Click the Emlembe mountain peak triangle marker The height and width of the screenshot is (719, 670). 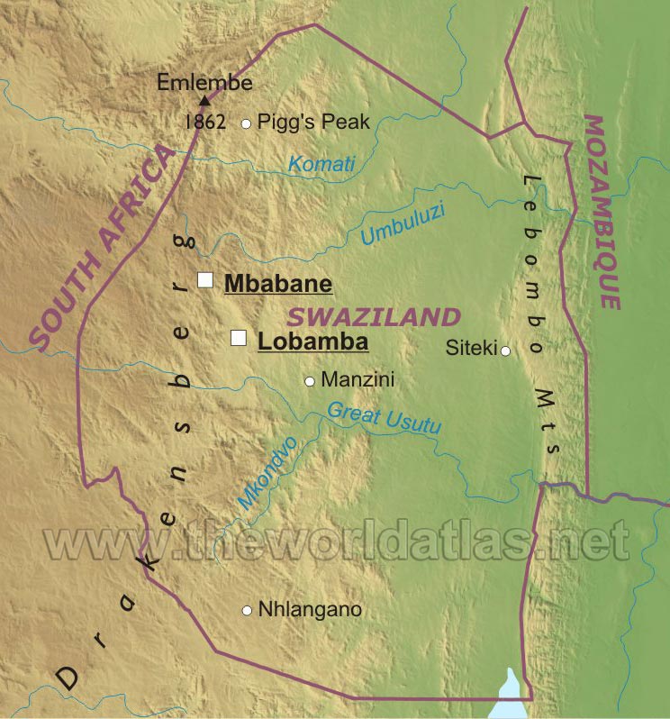coord(206,101)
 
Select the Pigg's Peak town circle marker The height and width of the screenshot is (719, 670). coord(246,123)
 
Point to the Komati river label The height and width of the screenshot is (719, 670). coord(321,164)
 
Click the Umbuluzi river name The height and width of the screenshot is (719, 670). coord(404,226)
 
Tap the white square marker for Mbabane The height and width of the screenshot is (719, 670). coord(205,280)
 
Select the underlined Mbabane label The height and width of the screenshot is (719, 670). coord(278,284)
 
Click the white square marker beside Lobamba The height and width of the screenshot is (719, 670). coord(239,338)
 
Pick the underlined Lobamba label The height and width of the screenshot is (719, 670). coord(312,342)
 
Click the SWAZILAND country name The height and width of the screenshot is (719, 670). coord(374,317)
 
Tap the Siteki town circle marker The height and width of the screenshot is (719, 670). coord(506,350)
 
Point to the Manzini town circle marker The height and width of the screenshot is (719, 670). coord(309,381)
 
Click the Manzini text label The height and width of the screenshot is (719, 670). coord(358,380)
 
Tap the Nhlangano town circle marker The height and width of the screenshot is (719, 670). coord(246,611)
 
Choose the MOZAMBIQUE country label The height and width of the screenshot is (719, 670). coord(602,212)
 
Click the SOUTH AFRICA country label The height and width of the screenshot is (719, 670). coord(101,248)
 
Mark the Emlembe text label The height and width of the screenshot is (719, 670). coord(205,83)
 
